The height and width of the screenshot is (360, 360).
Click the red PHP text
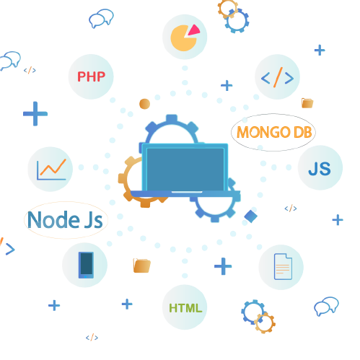[91, 76]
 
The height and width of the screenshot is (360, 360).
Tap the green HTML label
[185, 308]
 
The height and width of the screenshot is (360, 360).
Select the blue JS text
[320, 169]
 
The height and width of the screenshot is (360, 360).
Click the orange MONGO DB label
[274, 132]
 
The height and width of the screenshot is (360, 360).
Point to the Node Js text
[65, 219]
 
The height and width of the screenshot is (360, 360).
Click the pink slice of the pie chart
[193, 30]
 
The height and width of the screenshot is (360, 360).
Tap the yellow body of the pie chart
[183, 38]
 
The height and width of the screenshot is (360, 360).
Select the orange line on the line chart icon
[53, 167]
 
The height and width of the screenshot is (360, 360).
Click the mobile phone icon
[86, 265]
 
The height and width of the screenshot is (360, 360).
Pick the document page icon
[283, 266]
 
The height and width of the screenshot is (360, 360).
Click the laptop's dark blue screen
[185, 170]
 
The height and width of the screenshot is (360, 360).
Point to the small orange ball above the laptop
[144, 104]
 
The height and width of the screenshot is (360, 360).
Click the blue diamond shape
[251, 216]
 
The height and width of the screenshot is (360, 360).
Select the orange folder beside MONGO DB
[307, 103]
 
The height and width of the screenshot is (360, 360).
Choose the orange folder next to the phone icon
[142, 265]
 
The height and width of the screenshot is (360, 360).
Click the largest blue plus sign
[35, 113]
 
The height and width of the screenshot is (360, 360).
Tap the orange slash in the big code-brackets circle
[278, 77]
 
